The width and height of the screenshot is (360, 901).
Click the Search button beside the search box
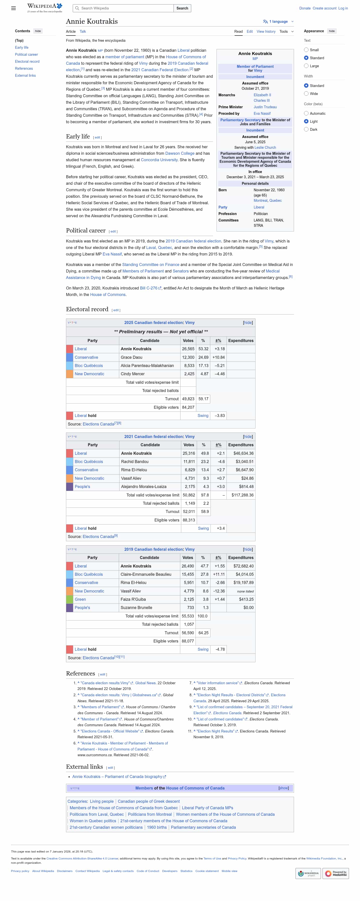pos(182,8)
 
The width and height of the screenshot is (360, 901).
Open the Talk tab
pos(82,31)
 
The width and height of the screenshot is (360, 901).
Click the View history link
pos(266,31)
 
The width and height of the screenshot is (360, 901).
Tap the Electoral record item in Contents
pos(27,61)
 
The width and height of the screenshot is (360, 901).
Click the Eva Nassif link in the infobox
pos(262,113)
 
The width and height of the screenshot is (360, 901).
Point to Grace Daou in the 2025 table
pos(131,357)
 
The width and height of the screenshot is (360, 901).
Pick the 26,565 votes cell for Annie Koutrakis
pos(188,349)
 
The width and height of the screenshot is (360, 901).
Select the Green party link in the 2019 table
pos(80,599)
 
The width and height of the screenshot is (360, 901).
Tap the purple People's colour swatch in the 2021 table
pos(69,486)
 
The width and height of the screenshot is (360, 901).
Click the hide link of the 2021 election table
pos(248,436)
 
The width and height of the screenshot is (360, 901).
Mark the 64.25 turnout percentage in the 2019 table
pos(203,633)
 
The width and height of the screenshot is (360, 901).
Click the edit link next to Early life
pos(97,137)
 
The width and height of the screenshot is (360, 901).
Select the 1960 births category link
pos(157,827)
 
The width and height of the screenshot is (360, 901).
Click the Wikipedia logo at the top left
pos(45,8)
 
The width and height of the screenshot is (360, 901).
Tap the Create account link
pos(324,8)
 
